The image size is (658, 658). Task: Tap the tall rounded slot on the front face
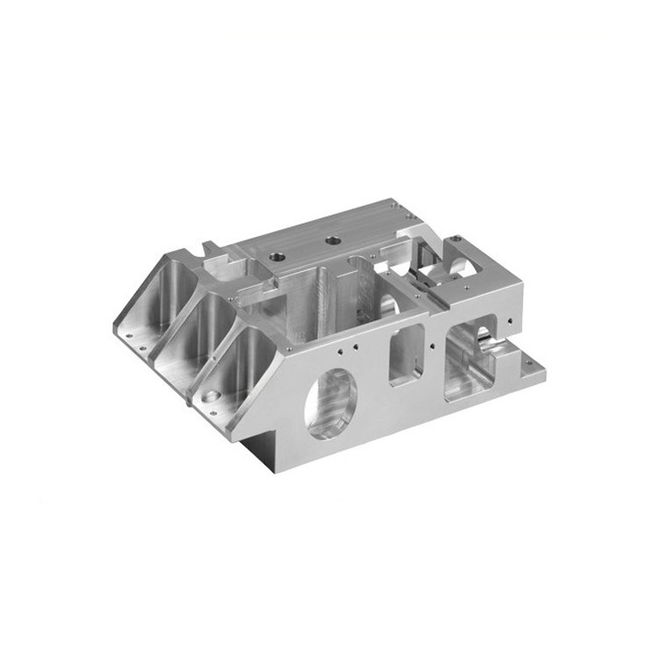click(x=405, y=350)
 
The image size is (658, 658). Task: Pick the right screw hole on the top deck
click(x=332, y=239)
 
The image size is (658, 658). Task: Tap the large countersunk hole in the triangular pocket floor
click(x=210, y=397)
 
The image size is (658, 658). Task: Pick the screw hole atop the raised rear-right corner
click(x=458, y=239)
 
